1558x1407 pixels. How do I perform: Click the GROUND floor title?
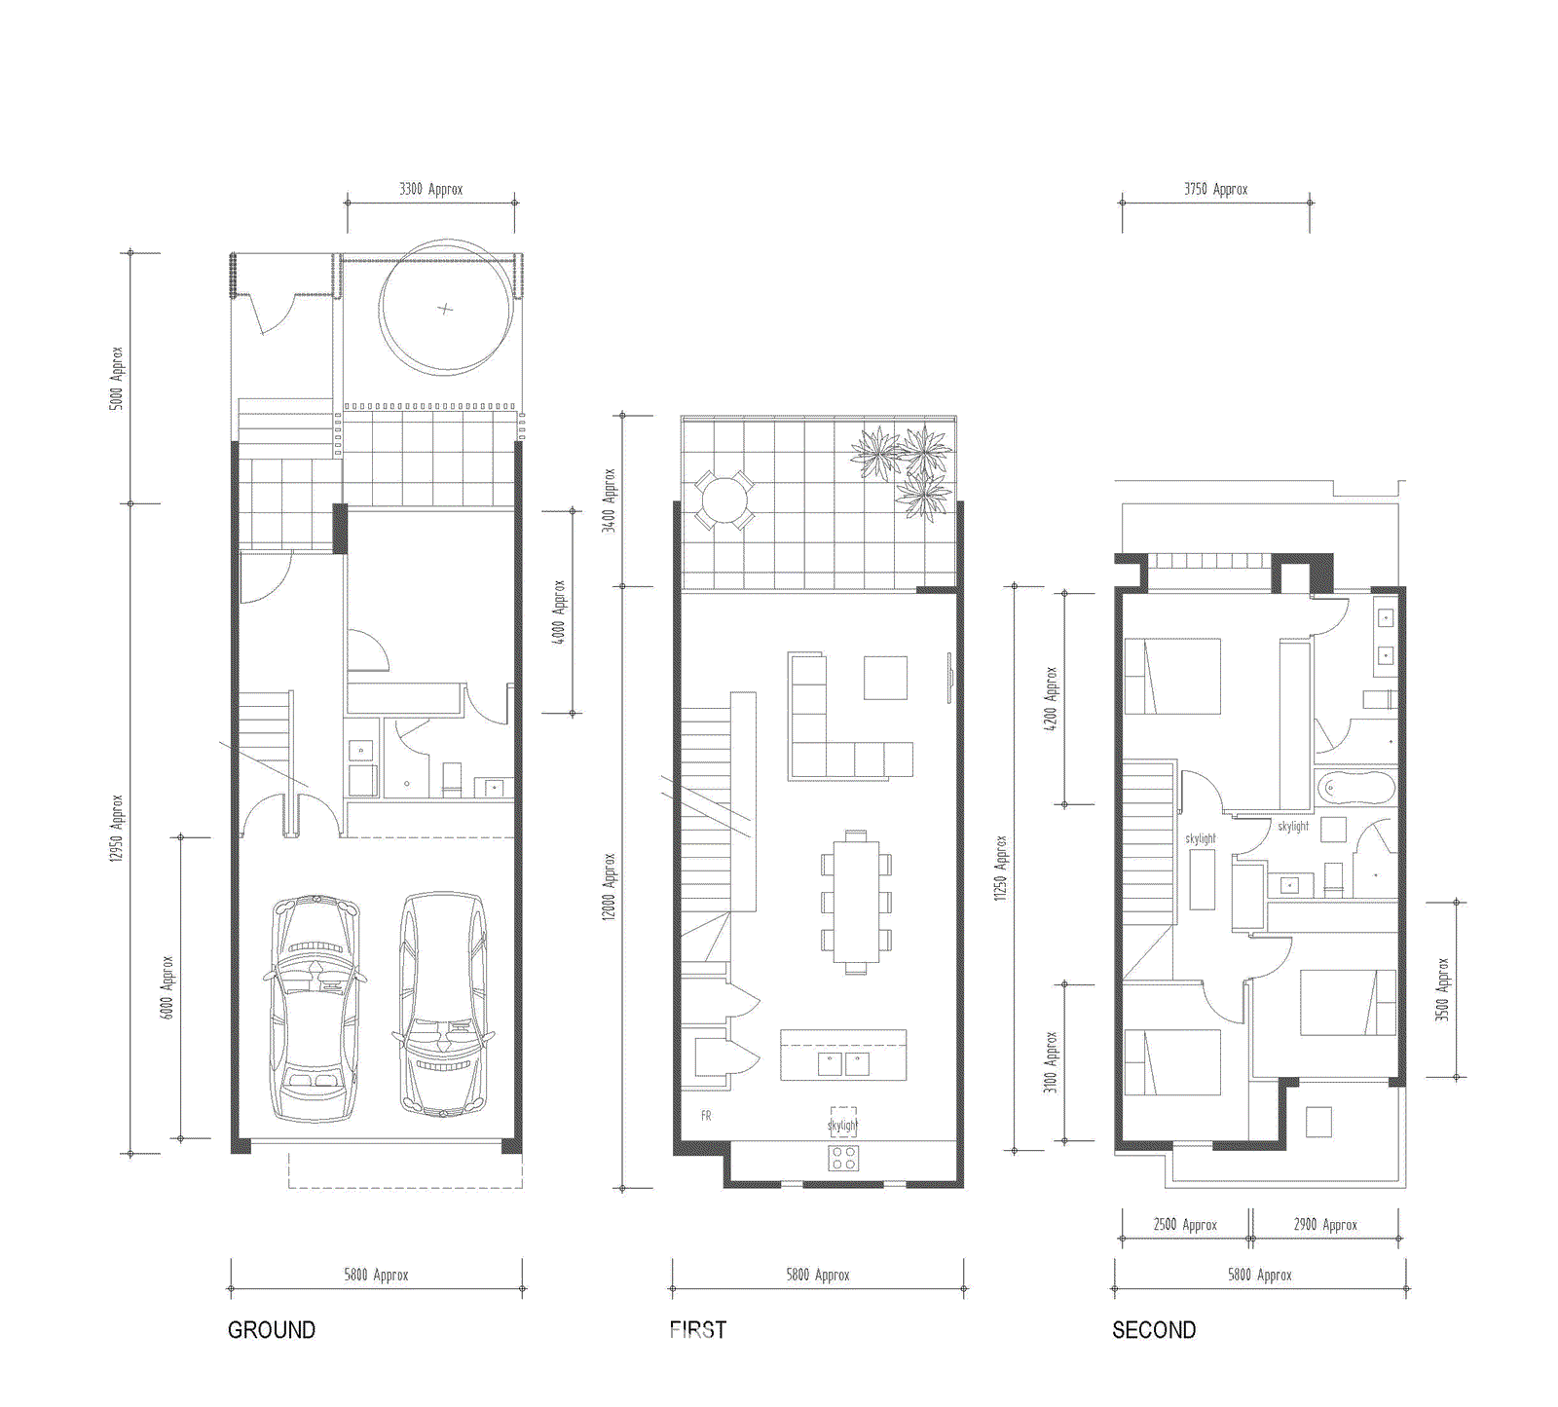[271, 1330]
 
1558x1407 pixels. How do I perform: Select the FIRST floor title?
[697, 1330]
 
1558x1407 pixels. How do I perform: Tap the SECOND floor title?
[1154, 1330]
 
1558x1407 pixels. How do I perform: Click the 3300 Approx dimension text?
[430, 189]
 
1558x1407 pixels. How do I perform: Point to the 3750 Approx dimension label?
[1215, 189]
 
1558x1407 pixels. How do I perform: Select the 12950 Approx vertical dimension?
[116, 828]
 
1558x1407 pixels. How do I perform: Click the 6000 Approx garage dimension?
[167, 987]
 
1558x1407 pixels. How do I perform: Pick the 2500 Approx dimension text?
[1185, 1225]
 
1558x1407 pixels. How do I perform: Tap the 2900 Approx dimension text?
[1324, 1225]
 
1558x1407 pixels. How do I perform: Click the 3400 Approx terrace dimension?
[609, 500]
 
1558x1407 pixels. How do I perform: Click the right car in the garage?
[443, 1003]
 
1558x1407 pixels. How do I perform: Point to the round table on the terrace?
[723, 500]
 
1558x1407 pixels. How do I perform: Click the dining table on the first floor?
[855, 901]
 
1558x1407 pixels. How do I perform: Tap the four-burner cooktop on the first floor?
[843, 1158]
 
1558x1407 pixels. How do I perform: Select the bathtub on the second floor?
[1354, 788]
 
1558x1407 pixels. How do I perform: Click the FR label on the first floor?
[706, 1116]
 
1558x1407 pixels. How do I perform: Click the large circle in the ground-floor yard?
[446, 308]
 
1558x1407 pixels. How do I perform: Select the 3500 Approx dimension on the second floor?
[1442, 989]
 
